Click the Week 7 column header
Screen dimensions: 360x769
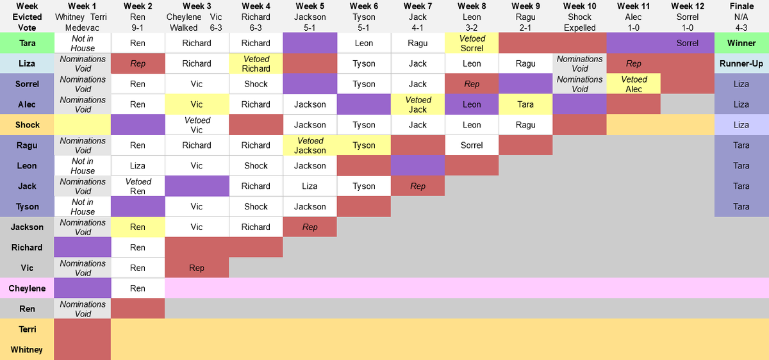click(x=417, y=6)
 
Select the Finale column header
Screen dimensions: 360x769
click(x=741, y=6)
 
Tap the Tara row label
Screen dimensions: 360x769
click(x=27, y=43)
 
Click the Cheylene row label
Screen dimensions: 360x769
click(x=27, y=288)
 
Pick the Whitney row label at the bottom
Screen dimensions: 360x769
click(x=27, y=350)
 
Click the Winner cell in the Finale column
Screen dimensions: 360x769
click(x=741, y=43)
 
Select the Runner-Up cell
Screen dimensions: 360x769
click(x=741, y=63)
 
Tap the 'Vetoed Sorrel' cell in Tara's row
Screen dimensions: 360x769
click(x=472, y=43)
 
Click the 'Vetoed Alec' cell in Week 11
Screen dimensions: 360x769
click(x=634, y=84)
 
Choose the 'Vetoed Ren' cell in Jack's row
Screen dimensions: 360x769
click(x=138, y=186)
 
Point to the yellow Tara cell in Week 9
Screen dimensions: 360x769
click(x=525, y=104)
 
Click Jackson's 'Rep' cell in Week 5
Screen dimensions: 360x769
click(x=310, y=227)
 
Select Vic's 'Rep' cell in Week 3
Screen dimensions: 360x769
click(x=197, y=268)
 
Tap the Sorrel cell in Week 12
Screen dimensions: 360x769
click(x=688, y=43)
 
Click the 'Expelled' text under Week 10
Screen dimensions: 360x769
click(x=580, y=28)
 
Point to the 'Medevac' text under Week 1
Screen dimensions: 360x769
click(x=83, y=28)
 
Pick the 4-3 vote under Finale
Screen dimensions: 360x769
click(x=741, y=28)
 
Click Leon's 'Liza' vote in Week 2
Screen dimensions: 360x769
click(x=138, y=165)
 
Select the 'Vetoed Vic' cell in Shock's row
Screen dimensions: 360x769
click(x=197, y=125)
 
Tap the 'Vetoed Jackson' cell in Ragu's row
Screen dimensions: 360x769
click(x=310, y=145)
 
